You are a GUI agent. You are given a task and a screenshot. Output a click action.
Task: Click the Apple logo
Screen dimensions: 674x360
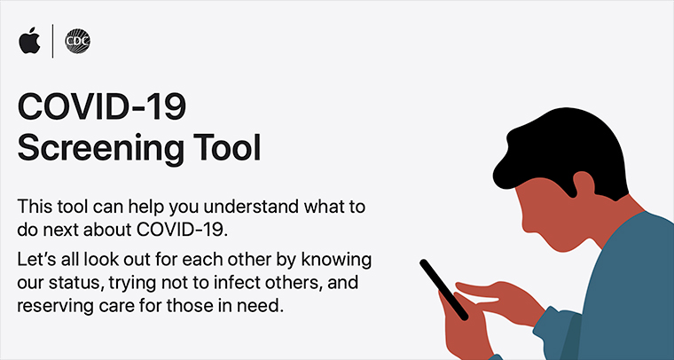pyautogui.click(x=29, y=41)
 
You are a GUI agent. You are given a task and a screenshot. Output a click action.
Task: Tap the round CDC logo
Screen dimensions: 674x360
pyautogui.click(x=77, y=42)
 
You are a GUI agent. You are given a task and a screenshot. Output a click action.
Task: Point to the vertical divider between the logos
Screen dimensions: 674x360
pyautogui.click(x=53, y=41)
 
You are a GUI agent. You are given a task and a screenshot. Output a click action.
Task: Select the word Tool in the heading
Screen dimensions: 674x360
pyautogui.click(x=226, y=147)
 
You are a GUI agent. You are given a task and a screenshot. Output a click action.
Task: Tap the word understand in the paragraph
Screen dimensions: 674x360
pyautogui.click(x=251, y=207)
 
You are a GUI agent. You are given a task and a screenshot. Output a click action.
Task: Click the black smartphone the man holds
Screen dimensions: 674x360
pyautogui.click(x=443, y=290)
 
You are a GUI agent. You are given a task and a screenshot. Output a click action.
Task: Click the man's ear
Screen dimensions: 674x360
pyautogui.click(x=584, y=184)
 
